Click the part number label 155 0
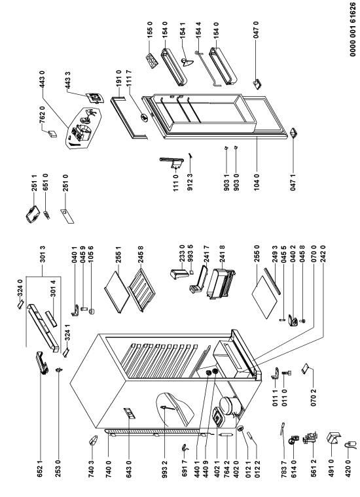point(150,30)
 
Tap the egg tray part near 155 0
point(151,60)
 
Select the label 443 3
point(67,80)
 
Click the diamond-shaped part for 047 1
point(293,133)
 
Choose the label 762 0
point(43,116)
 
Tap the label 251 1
point(34,183)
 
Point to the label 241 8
point(222,254)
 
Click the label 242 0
point(323,254)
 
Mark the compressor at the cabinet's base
point(228,404)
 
